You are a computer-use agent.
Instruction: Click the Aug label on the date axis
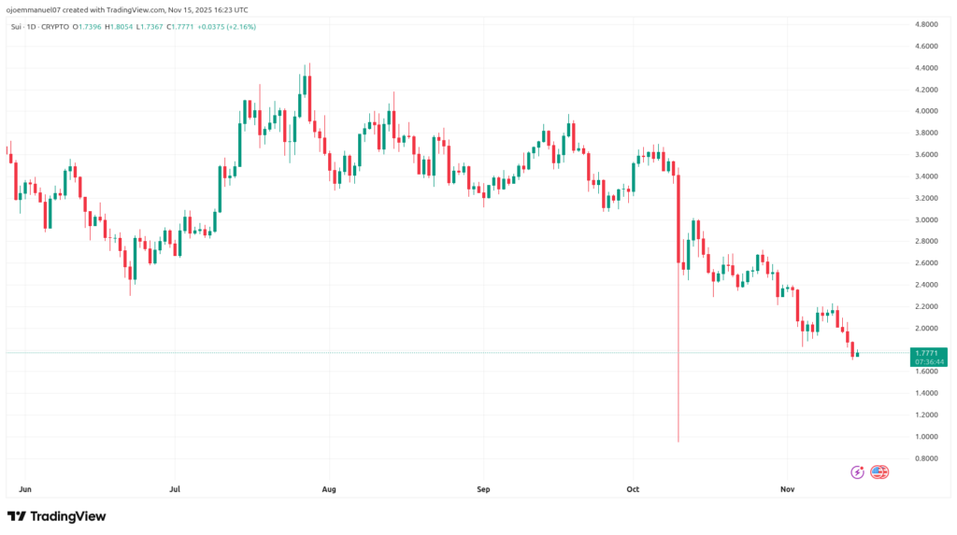(x=328, y=487)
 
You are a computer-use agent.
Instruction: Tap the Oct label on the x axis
(x=633, y=487)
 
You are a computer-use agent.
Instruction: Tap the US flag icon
(x=879, y=472)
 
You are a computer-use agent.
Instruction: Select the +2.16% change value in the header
(x=237, y=26)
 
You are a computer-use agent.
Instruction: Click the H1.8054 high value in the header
(x=120, y=26)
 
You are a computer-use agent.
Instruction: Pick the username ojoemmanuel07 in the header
(x=34, y=8)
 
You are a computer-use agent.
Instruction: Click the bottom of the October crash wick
(x=678, y=441)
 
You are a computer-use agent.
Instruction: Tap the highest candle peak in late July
(x=308, y=65)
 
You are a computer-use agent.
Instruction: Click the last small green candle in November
(x=858, y=353)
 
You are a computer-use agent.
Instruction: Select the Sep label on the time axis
(x=482, y=487)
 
